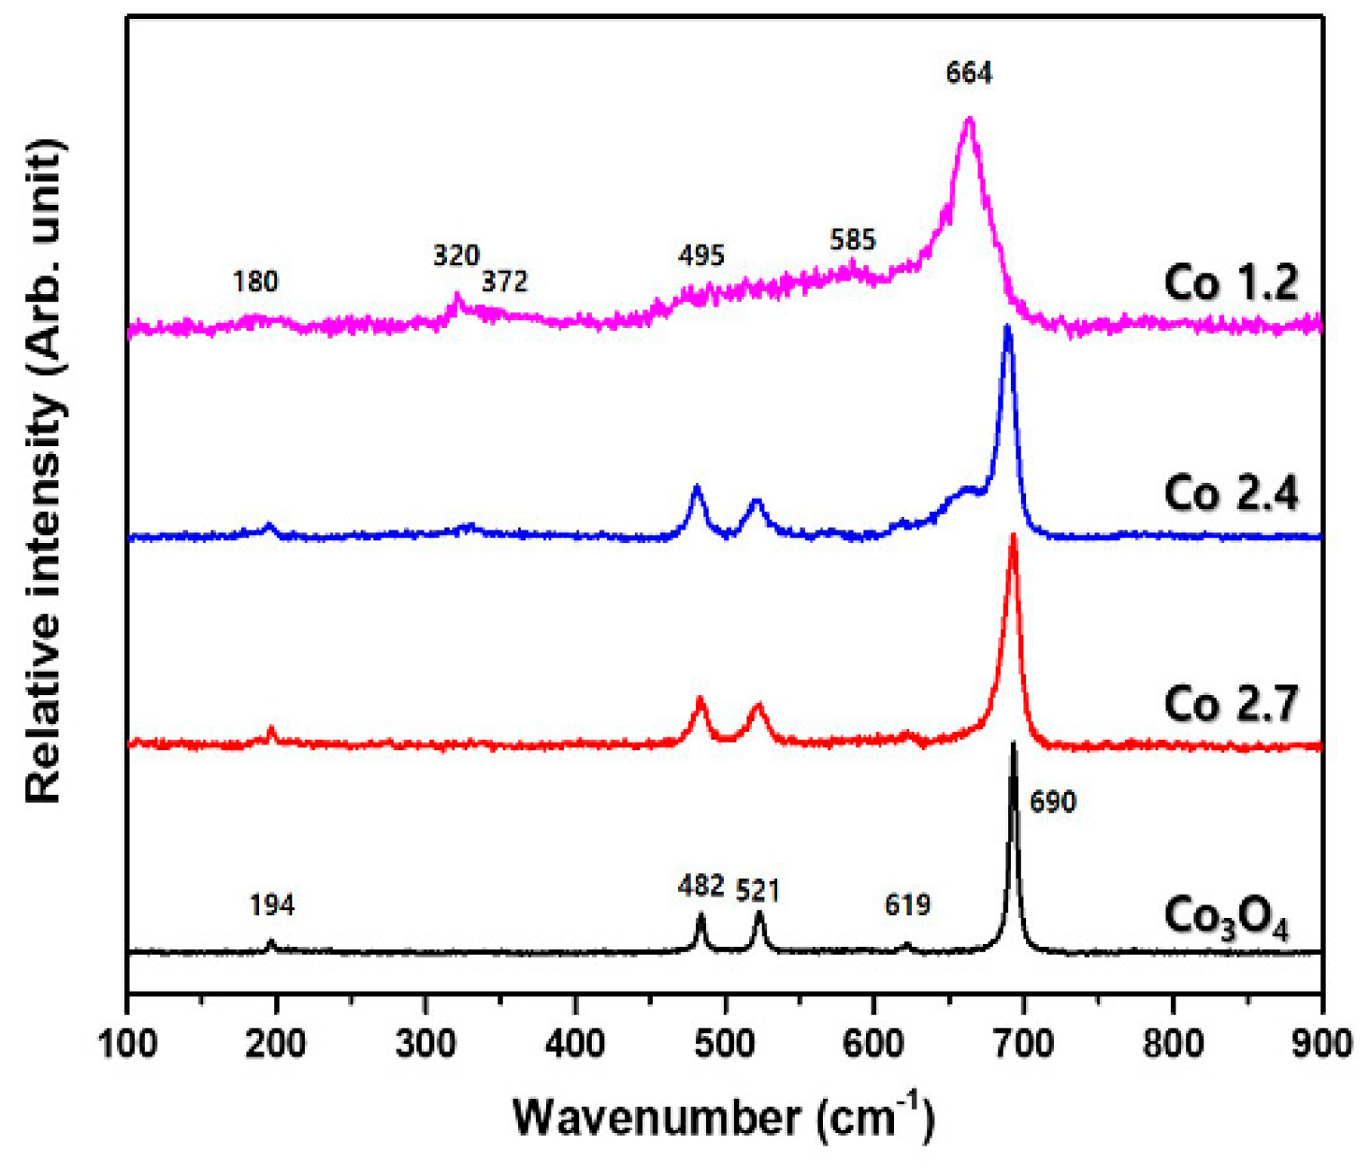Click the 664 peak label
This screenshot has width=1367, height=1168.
click(969, 73)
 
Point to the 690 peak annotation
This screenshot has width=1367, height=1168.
click(1052, 801)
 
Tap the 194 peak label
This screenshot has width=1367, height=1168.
click(272, 905)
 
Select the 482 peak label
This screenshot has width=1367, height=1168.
click(701, 887)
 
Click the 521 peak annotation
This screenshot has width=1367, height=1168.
click(757, 891)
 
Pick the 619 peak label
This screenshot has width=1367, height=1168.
click(907, 905)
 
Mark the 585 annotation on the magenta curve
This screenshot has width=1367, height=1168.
click(852, 240)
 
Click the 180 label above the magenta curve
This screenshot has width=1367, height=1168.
click(255, 282)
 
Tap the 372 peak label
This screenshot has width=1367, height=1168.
click(504, 282)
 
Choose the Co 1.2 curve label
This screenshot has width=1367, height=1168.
click(1230, 283)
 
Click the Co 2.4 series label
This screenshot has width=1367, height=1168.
click(1230, 494)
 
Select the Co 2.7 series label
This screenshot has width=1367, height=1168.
click(1230, 703)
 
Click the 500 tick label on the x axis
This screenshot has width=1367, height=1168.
click(724, 1045)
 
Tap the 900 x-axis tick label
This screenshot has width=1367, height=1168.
click(1320, 1045)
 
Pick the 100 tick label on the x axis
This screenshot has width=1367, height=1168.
click(129, 1045)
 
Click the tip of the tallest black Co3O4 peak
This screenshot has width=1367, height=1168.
click(1014, 744)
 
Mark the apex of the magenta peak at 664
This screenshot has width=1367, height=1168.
click(969, 120)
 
